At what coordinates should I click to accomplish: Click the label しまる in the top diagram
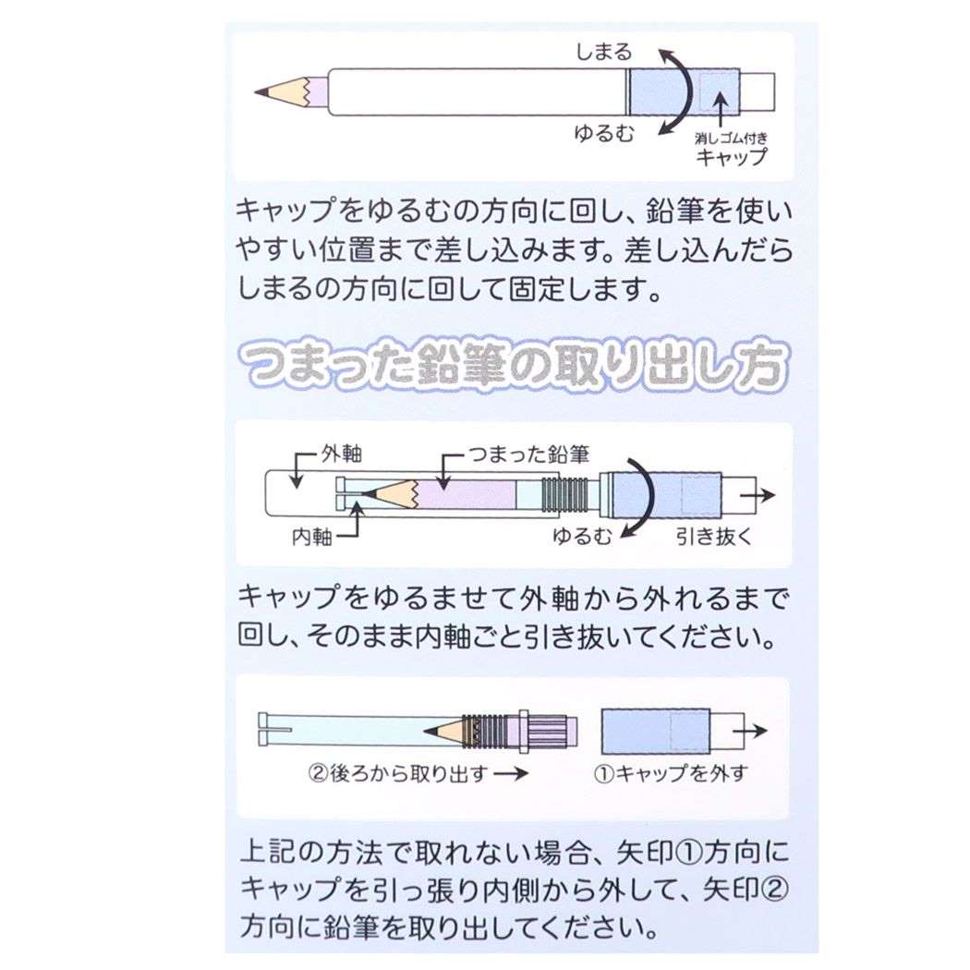604,52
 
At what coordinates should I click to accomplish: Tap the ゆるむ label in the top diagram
604,133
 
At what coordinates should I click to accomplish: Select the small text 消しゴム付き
731,138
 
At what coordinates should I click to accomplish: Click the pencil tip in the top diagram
259,92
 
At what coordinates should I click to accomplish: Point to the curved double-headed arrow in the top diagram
686,91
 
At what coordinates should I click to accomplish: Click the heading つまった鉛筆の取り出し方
514,364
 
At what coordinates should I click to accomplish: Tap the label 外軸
342,455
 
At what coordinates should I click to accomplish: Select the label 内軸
312,537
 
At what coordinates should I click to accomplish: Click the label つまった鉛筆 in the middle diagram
529,455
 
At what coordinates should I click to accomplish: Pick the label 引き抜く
713,537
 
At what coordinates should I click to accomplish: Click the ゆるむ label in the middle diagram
582,536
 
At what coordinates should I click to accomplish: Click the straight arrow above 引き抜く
758,495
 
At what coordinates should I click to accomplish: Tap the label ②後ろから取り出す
398,773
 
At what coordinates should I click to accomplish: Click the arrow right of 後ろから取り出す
511,773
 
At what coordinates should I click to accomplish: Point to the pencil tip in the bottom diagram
428,732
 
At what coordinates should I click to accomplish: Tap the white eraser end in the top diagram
758,92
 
